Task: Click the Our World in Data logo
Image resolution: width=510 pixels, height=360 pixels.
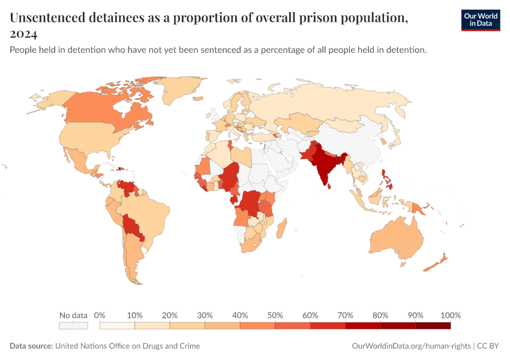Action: (480, 20)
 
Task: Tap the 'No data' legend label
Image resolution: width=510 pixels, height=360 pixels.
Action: (73, 315)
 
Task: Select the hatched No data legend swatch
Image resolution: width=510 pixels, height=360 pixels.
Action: (73, 325)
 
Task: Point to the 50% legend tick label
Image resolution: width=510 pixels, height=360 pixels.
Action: (275, 315)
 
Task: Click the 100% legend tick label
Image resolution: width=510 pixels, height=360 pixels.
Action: (450, 315)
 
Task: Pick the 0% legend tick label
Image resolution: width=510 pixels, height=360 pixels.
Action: (100, 315)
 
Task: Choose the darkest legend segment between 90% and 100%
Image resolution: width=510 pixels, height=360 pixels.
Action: (433, 325)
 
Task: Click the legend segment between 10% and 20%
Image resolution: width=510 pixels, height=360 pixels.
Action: (152, 325)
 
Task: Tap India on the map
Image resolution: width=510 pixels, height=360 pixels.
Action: (325, 165)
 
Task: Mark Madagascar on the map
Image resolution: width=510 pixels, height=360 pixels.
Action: (283, 228)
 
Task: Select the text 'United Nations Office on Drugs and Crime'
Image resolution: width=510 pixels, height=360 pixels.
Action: (127, 346)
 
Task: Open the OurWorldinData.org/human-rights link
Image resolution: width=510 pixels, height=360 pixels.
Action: (410, 346)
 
